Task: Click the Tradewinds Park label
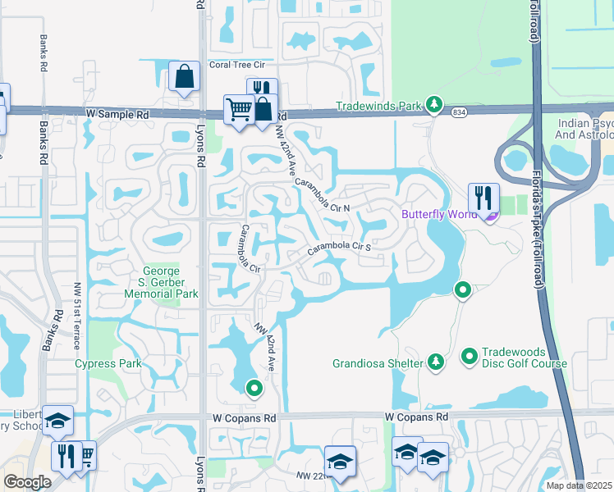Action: click(378, 107)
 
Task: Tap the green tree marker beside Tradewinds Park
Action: click(433, 106)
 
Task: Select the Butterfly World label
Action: click(438, 215)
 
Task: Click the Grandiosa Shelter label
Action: click(377, 362)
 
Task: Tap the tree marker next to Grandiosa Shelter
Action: click(435, 362)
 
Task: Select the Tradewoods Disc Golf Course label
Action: click(525, 358)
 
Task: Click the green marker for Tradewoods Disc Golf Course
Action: click(470, 357)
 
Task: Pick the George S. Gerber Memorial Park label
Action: click(171, 282)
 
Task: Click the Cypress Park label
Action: click(108, 363)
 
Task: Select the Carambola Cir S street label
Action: click(340, 248)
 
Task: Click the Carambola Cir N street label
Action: click(322, 195)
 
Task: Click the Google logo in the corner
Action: click(27, 482)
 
